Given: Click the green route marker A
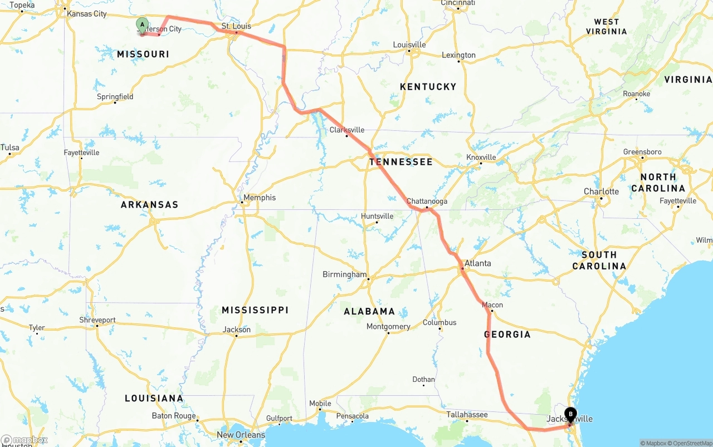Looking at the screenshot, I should (142, 25).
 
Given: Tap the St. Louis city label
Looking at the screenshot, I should (236, 26).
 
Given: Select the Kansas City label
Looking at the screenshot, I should (86, 13).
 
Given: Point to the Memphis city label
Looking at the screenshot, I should (260, 198).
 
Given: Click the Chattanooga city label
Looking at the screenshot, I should (427, 201).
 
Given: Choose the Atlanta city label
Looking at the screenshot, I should (478, 263).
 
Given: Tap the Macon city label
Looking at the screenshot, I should (492, 304).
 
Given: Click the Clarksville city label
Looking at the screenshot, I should (347, 130).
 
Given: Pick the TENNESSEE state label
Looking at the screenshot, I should (401, 162).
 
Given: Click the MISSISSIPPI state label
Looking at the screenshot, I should (255, 310).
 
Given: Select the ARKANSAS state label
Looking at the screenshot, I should (149, 205).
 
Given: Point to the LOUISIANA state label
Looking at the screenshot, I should (154, 399).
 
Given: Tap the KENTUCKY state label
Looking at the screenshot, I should (428, 87).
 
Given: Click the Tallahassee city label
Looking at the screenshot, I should (467, 414).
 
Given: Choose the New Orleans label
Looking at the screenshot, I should (241, 435).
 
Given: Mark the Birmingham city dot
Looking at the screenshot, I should (368, 278).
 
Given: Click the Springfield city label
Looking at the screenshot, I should (115, 96).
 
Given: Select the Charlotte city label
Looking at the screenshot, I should (601, 191).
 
